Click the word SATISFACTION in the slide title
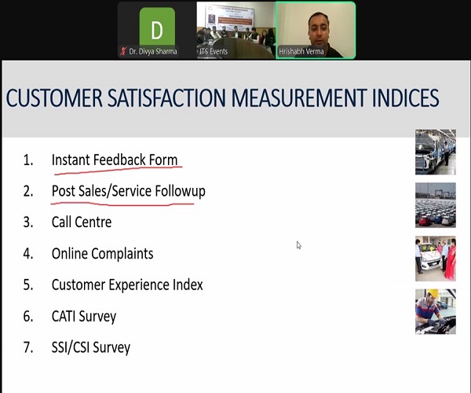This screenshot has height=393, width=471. pos(166,98)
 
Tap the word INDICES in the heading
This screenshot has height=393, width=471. pos(406,98)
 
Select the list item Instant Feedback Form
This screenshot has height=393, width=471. pos(115,160)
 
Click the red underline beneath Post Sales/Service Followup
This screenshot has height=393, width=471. pos(122,204)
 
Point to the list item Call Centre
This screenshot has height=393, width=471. pos(82,222)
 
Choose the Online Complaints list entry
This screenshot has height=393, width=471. pos(102,253)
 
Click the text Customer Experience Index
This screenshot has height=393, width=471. pos(127,285)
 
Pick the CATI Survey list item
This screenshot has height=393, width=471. pos(84,316)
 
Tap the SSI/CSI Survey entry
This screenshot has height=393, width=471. pos(91,347)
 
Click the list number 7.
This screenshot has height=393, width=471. pos(28,348)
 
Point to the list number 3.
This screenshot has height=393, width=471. pos(28,222)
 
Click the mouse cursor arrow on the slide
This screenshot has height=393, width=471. pos(298,245)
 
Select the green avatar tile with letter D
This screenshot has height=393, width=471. pos(157,28)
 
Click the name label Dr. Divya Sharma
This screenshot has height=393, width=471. pos(153,51)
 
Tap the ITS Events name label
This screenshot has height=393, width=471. pos(214,52)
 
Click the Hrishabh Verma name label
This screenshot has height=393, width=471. pos(301,52)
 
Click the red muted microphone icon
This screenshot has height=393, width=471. pos(123,51)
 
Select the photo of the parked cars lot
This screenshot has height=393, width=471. pos(436,205)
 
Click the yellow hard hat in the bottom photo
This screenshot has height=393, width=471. pos(433,293)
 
